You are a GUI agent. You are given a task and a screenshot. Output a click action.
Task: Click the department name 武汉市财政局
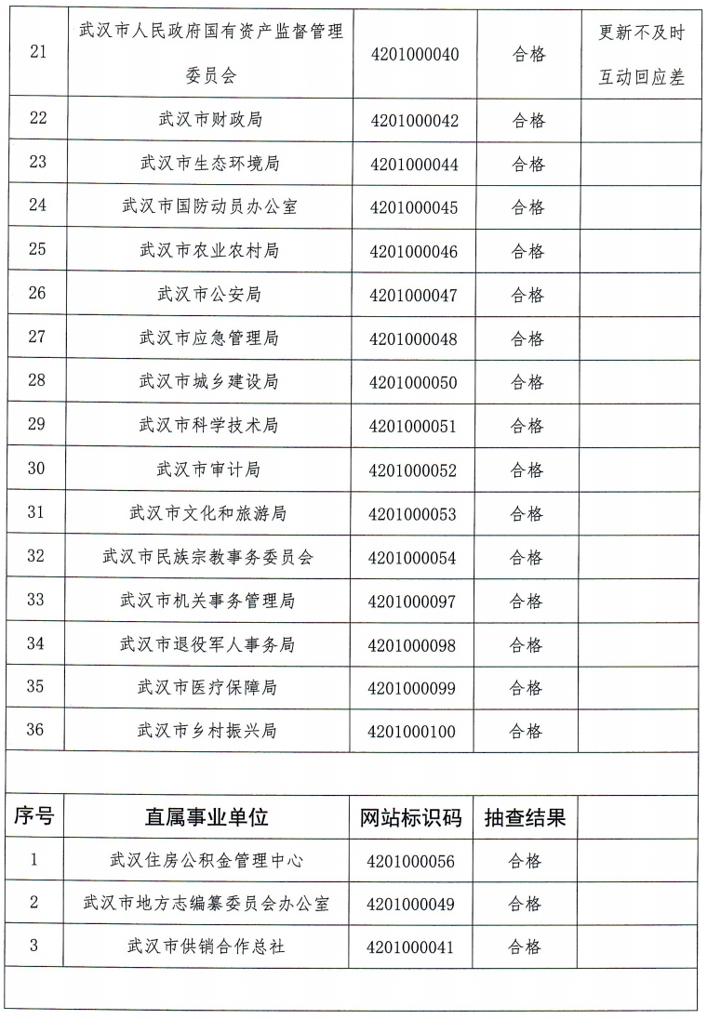[208, 120]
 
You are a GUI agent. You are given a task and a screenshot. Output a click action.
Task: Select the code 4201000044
[414, 164]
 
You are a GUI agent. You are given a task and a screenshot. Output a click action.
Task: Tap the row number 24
[37, 206]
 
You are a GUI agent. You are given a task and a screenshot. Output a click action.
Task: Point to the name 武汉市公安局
[208, 294]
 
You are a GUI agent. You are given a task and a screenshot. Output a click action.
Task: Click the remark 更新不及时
[641, 33]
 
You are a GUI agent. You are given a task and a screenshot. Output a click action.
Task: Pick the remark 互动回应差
[641, 77]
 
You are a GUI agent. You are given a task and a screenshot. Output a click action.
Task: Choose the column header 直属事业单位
[207, 817]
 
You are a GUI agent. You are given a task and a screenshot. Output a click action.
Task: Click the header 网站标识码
[410, 817]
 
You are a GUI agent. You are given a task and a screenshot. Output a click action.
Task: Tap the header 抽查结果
[525, 817]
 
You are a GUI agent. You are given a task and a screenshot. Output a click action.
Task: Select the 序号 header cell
[34, 817]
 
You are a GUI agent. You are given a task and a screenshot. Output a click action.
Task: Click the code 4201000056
[410, 861]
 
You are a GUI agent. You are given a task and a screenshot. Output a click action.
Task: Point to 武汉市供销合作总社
[207, 946]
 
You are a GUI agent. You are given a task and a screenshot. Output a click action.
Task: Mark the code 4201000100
[412, 731]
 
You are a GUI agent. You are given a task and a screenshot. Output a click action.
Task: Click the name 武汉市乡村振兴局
[207, 731]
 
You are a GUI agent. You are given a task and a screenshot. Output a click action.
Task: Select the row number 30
[36, 469]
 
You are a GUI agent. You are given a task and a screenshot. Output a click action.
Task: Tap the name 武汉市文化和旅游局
[207, 513]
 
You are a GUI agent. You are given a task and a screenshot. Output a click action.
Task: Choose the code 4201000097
[412, 601]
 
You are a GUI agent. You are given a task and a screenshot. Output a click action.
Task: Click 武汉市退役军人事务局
[207, 643]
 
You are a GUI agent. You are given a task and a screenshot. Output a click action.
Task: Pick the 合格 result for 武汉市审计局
[527, 470]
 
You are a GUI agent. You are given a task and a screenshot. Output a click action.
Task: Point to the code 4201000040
[414, 55]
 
